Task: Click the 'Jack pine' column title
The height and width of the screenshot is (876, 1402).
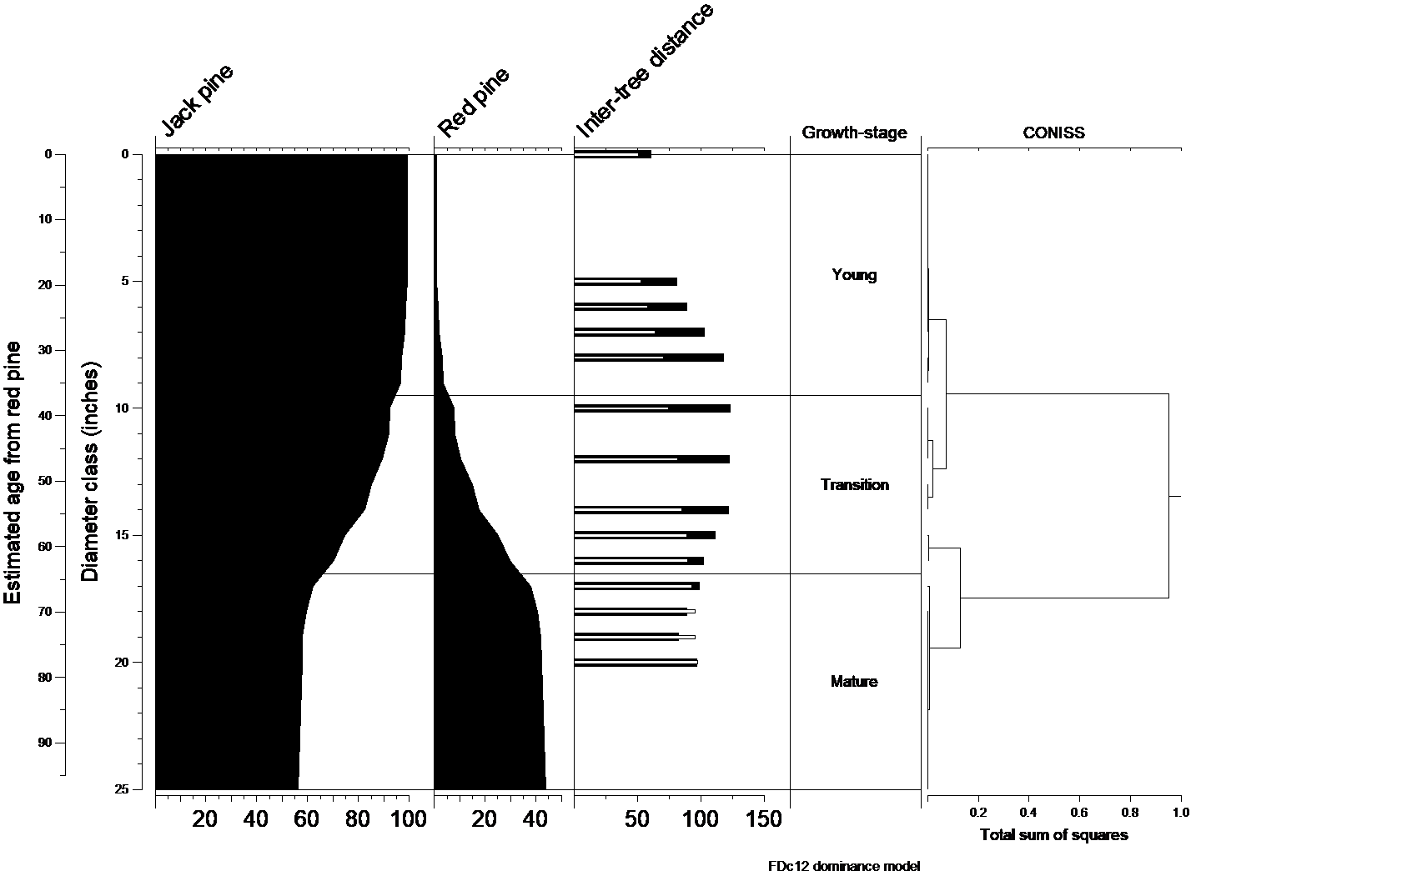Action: pyautogui.click(x=197, y=101)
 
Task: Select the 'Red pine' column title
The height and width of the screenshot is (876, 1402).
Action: pyautogui.click(x=474, y=103)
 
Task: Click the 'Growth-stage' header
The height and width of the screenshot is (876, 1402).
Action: pyautogui.click(x=854, y=133)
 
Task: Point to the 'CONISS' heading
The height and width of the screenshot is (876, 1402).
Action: pyautogui.click(x=1053, y=133)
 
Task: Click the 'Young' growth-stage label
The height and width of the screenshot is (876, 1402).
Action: pyautogui.click(x=854, y=275)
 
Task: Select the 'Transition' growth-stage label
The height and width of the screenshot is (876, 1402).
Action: pyautogui.click(x=854, y=485)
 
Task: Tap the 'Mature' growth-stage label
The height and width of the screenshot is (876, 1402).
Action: pyautogui.click(x=854, y=682)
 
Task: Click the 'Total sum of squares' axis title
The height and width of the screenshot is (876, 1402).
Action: pyautogui.click(x=1053, y=835)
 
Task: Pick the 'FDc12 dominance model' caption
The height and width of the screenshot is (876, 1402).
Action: pyautogui.click(x=844, y=867)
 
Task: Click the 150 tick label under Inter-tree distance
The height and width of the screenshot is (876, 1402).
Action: pyautogui.click(x=763, y=820)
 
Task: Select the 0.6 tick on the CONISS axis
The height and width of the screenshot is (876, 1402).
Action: pyautogui.click(x=1079, y=812)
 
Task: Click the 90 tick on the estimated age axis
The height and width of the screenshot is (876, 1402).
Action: pyautogui.click(x=45, y=743)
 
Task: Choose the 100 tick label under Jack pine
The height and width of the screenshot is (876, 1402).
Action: pyautogui.click(x=408, y=820)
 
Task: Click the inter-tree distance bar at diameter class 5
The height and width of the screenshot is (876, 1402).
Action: pyautogui.click(x=626, y=282)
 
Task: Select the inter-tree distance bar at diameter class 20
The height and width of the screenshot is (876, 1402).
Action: pyautogui.click(x=636, y=663)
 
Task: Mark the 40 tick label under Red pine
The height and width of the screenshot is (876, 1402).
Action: pyautogui.click(x=535, y=820)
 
